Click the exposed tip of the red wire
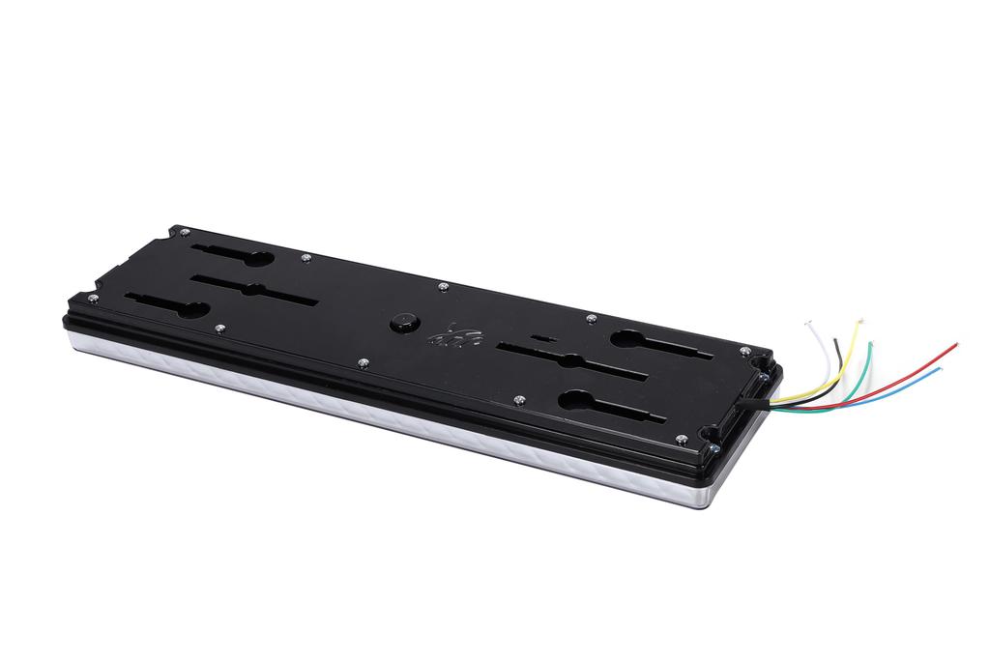coord(956,344)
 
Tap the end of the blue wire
coord(940,367)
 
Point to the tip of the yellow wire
coord(859,320)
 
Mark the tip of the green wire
coord(870,343)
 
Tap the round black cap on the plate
coord(403,323)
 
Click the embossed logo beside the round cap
coord(454,335)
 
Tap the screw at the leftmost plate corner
coord(94,300)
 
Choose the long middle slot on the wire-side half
coord(570,362)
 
